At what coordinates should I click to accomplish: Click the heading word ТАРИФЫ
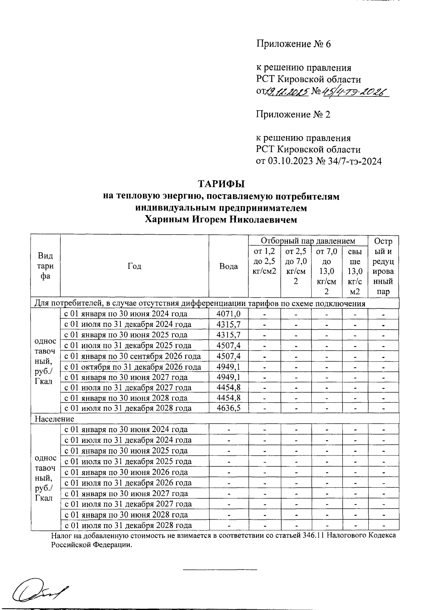(x=221, y=184)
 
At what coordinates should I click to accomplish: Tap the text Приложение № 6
(x=293, y=44)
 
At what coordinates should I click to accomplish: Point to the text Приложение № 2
(x=293, y=114)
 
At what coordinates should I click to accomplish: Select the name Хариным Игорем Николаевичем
(x=221, y=220)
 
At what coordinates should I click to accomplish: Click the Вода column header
(x=228, y=266)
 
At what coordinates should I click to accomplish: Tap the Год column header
(x=135, y=266)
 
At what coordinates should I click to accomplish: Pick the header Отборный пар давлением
(x=308, y=241)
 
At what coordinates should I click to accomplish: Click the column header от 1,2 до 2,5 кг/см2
(x=264, y=262)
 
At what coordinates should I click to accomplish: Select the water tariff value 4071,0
(x=228, y=314)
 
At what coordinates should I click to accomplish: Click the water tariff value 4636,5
(x=228, y=408)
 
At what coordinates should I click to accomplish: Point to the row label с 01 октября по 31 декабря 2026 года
(x=132, y=367)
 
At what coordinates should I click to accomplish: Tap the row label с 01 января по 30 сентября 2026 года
(x=132, y=356)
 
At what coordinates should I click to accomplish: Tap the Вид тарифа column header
(x=45, y=266)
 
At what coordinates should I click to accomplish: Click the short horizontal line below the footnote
(x=220, y=570)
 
